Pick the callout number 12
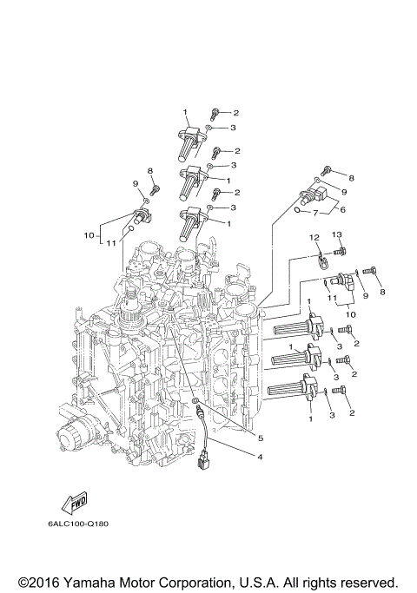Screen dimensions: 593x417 point(314,237)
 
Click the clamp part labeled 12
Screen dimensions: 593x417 point(322,257)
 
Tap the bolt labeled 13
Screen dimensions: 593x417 point(341,253)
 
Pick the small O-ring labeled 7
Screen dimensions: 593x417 point(297,209)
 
